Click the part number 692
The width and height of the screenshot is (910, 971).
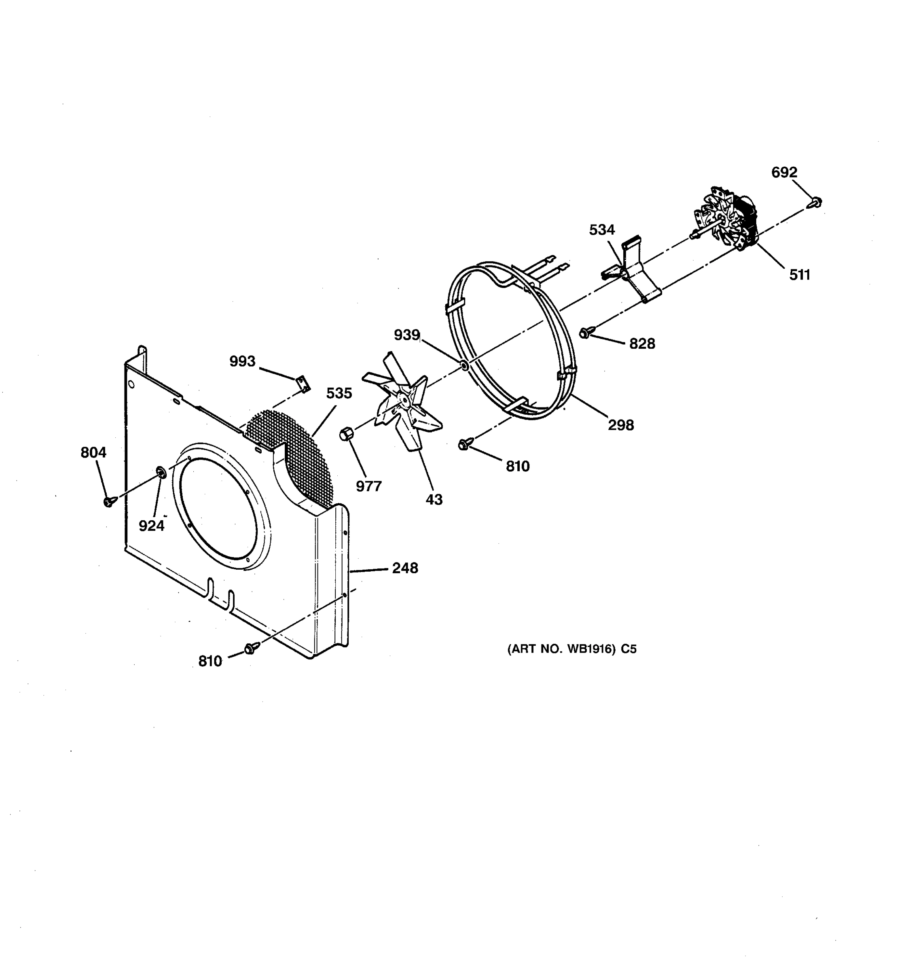tap(784, 172)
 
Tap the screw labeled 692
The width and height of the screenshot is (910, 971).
tap(816, 202)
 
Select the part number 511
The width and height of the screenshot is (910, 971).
tap(799, 275)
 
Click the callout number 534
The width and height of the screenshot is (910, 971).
tap(601, 229)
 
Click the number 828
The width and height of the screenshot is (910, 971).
tap(641, 344)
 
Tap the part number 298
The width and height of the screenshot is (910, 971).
tap(620, 425)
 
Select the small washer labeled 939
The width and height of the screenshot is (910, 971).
tap(464, 365)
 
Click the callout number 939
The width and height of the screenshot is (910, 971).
tap(406, 335)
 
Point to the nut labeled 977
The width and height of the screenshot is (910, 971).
tap(346, 433)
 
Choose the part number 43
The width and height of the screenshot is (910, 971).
tap(434, 499)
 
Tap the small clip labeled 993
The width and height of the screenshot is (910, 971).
tap(304, 383)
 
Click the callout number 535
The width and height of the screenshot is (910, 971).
tap(339, 393)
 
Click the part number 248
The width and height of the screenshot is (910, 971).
tap(405, 568)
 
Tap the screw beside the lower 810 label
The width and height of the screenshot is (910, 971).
tap(250, 648)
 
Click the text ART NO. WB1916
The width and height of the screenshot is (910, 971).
tap(561, 649)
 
